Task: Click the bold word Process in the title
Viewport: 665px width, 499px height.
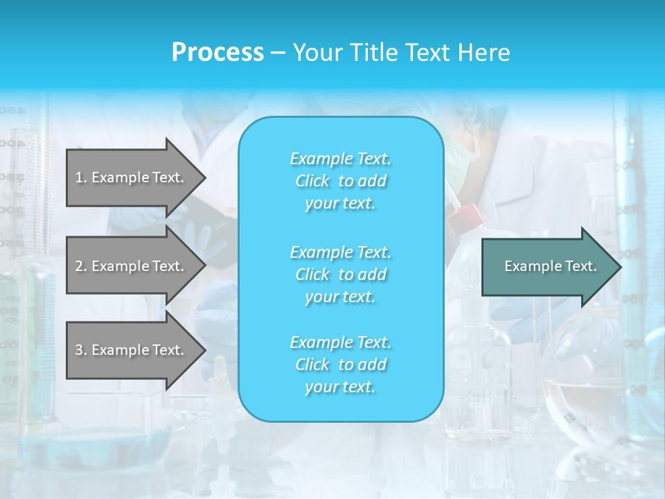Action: click(218, 53)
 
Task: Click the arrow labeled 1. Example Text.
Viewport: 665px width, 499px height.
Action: click(132, 177)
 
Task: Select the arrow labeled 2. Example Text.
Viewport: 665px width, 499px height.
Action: click(132, 266)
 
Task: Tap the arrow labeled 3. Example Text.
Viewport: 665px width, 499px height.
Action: click(132, 350)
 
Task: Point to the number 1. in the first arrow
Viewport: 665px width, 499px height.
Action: click(80, 177)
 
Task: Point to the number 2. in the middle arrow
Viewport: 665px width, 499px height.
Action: click(80, 266)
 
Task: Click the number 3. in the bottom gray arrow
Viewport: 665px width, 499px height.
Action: click(80, 350)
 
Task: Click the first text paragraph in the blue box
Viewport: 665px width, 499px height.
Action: click(340, 181)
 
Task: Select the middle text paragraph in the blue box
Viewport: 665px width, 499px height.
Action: click(340, 274)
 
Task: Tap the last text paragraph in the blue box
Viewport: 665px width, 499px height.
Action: click(340, 365)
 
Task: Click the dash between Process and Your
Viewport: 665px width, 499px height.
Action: click(278, 53)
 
